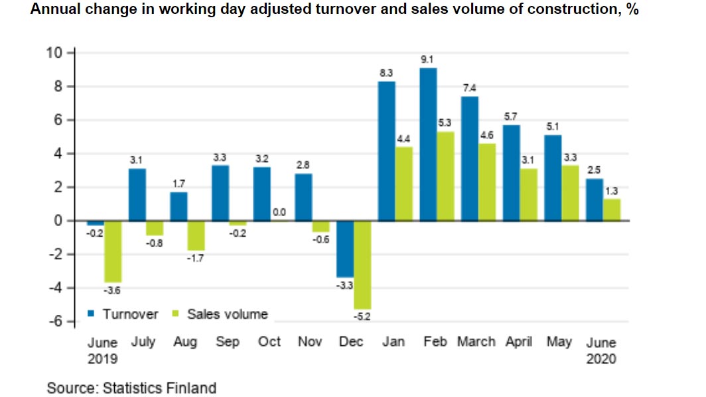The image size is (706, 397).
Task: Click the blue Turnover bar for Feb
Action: click(x=428, y=144)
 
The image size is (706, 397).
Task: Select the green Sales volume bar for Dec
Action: click(x=362, y=264)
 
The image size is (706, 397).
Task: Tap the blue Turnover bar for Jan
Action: click(x=386, y=150)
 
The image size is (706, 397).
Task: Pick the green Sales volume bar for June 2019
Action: click(x=113, y=251)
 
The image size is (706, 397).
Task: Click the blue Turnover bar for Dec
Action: click(x=345, y=249)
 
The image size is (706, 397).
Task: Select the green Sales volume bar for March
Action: click(x=487, y=182)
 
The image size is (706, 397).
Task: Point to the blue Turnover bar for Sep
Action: click(x=220, y=193)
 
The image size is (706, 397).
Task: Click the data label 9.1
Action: click(x=428, y=60)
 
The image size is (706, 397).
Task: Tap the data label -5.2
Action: click(x=362, y=317)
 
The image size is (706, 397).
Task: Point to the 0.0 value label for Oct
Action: click(x=279, y=212)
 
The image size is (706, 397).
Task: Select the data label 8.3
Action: click(x=386, y=73)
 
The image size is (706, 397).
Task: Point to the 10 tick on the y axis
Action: click(x=54, y=53)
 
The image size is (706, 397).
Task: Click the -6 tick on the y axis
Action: click(x=54, y=321)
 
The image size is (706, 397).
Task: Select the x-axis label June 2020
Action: click(x=601, y=351)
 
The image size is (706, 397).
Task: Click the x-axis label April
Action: click(x=518, y=342)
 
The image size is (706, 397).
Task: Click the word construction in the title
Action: click(x=562, y=11)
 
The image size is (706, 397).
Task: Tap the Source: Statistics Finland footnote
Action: click(x=131, y=387)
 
